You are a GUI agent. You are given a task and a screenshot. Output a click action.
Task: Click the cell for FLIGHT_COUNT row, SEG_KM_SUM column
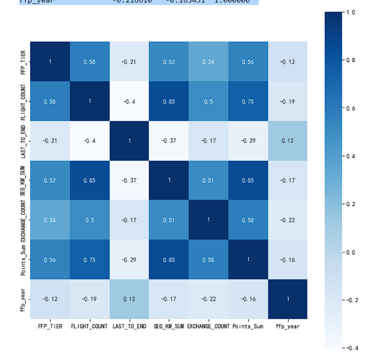pos(169,101)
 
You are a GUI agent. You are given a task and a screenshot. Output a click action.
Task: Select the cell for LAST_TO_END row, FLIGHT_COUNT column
pos(89,141)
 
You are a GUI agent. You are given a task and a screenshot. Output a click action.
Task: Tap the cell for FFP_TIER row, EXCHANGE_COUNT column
pos(209,62)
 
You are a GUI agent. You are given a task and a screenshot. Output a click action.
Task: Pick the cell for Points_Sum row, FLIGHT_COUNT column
pos(89,259)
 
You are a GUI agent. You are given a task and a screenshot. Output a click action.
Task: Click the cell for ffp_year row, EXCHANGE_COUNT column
pos(209,299)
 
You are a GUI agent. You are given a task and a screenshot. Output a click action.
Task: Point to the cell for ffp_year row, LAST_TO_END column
pos(129,299)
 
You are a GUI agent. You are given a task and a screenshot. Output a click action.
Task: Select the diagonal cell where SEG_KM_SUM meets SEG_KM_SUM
pos(169,180)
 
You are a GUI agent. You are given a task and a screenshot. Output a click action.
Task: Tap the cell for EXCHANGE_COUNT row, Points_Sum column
pos(248,220)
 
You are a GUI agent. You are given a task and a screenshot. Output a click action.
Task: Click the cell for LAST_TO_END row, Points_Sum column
pos(248,141)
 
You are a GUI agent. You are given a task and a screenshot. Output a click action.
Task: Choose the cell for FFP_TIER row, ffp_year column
pos(288,62)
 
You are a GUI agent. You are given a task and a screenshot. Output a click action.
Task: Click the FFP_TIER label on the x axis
pos(50,327)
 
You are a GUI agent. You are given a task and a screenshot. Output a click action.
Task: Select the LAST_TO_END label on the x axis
pos(129,327)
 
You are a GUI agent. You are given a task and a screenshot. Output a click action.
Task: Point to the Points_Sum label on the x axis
pos(248,327)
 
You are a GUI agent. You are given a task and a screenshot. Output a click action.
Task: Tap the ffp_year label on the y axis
pos(23,299)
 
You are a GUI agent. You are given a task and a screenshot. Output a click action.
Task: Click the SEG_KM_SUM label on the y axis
pos(23,180)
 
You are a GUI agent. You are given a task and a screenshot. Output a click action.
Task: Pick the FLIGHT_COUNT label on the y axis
pos(23,101)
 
